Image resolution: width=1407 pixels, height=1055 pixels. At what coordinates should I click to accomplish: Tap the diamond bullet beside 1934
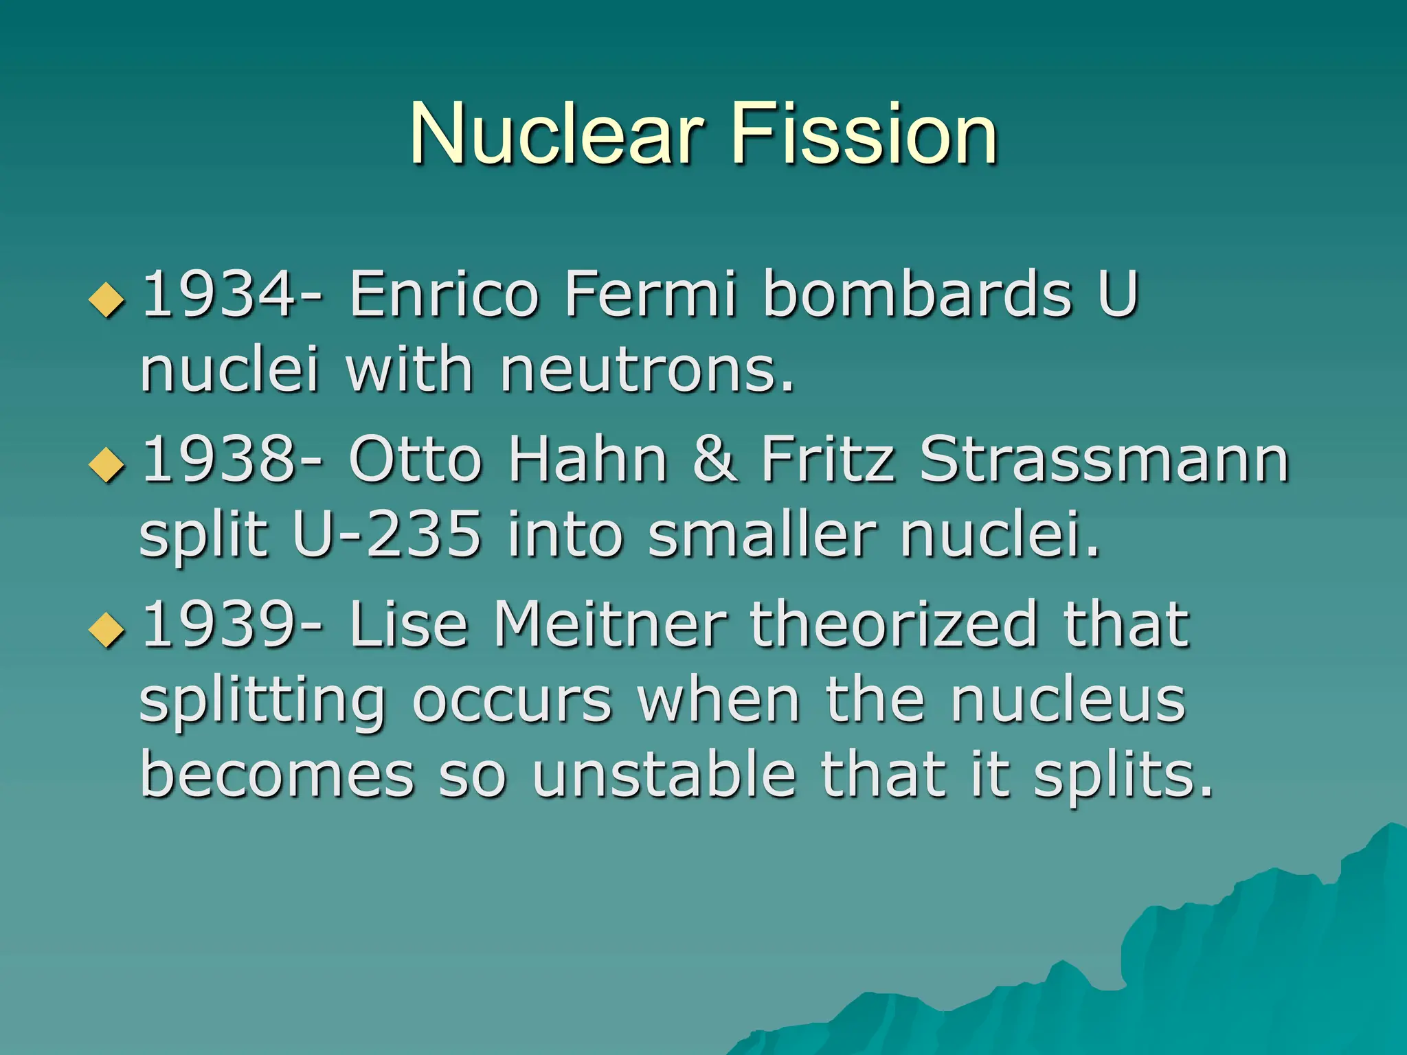tap(107, 300)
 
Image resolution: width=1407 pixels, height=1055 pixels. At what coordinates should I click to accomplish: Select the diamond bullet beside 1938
tap(107, 465)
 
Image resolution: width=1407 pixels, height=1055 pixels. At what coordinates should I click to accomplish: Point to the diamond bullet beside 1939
tap(107, 630)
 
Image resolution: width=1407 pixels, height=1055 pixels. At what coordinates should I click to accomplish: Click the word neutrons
tap(646, 371)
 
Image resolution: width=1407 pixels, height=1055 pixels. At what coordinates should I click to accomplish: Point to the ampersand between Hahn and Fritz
tap(715, 459)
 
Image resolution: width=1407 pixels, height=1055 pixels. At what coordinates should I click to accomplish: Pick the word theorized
tap(894, 624)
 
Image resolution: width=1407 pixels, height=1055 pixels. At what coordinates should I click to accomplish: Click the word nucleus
tap(1068, 701)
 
